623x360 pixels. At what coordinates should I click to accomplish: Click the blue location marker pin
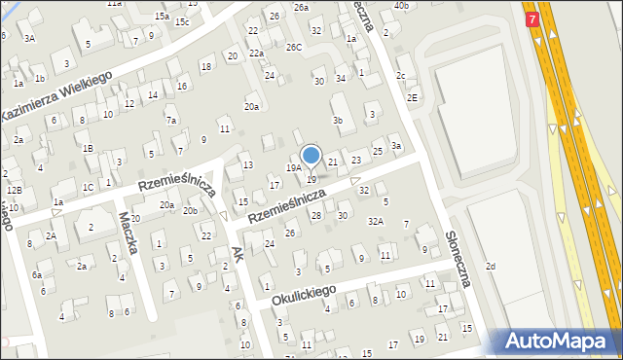coord(311,156)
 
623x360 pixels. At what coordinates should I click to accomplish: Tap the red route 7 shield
coord(532,19)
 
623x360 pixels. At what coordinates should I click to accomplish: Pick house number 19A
coord(293,168)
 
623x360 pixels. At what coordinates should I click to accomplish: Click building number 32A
coord(375,222)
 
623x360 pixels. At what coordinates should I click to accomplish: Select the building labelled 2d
coord(491,267)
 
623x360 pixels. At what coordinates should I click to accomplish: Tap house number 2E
coord(413,97)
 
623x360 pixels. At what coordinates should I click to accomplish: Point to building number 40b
coord(401,6)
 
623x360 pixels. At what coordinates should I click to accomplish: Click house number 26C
coord(293,47)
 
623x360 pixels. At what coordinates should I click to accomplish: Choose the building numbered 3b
coord(338,120)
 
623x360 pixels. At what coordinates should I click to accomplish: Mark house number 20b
coord(191,210)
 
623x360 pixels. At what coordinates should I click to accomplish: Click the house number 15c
coord(182,21)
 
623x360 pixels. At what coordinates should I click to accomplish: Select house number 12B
coord(14,190)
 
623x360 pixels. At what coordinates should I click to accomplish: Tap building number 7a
coord(171,121)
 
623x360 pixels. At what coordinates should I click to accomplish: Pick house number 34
coord(341,78)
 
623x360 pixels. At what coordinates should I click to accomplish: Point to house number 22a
coord(256,54)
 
